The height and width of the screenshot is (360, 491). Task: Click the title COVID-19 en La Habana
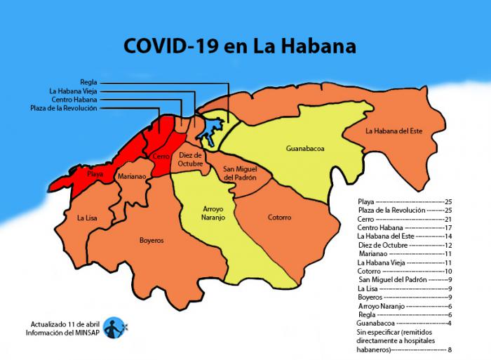240,46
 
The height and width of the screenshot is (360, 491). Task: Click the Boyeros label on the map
151,240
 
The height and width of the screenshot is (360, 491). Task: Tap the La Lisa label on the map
87,218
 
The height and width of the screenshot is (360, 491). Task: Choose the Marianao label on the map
132,177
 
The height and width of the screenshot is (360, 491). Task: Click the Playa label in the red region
95,173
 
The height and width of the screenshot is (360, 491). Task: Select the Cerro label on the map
161,156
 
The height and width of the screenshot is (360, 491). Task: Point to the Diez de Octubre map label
191,159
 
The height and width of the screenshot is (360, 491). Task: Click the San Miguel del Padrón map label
239,174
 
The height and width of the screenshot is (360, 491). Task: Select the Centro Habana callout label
74,100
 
